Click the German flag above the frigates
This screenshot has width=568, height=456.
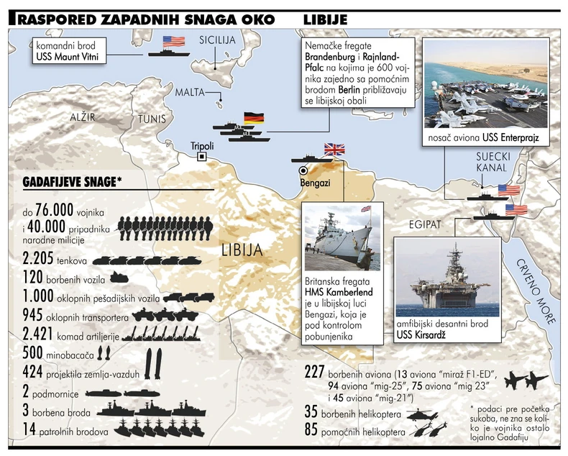[x=254, y=118]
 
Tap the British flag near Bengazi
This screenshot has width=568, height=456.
[x=334, y=149]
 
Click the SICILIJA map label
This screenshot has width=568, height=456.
[x=217, y=40]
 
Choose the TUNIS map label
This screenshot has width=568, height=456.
[x=153, y=119]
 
